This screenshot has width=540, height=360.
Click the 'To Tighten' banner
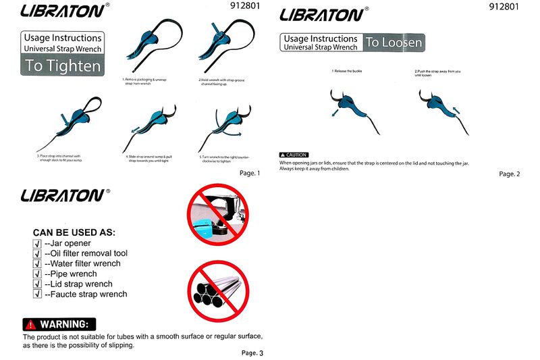(x=63, y=66)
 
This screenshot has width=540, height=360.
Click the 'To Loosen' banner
(x=394, y=43)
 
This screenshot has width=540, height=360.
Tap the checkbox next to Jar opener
(x=38, y=244)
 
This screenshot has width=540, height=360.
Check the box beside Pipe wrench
(x=38, y=274)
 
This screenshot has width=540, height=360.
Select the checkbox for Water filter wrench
(x=38, y=264)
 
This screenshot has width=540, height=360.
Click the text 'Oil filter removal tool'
(x=86, y=253)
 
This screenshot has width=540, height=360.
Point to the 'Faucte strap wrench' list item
(x=86, y=294)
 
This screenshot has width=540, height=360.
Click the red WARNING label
(x=59, y=324)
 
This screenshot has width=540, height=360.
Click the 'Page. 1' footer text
(x=249, y=174)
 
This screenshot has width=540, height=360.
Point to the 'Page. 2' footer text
(x=510, y=174)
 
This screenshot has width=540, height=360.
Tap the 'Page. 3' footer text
(x=252, y=353)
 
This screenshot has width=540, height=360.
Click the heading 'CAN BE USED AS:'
(x=74, y=232)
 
